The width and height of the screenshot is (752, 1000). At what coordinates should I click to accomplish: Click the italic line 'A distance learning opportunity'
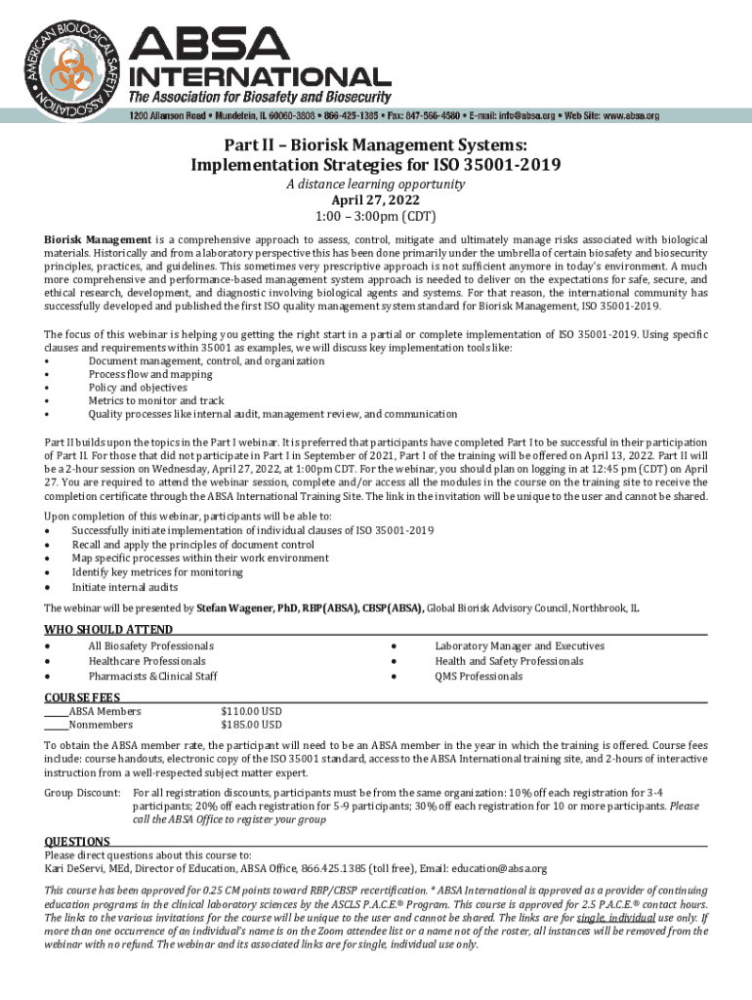point(376,184)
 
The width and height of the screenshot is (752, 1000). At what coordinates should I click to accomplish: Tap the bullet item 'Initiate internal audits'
point(125,587)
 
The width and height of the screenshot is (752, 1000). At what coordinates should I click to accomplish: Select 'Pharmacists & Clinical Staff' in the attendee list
point(152,676)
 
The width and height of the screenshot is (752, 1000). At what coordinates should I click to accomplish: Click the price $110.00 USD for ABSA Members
point(252,711)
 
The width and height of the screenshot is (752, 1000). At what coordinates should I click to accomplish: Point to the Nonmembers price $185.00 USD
point(252,726)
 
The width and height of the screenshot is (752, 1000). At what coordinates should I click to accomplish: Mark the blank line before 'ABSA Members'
point(56,713)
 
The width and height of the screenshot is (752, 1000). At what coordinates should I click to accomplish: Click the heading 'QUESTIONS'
point(77,841)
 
